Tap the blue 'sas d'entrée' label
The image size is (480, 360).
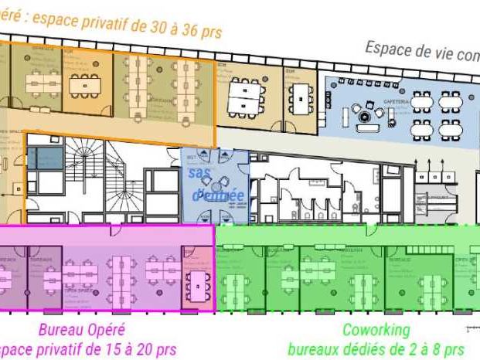click(216, 184)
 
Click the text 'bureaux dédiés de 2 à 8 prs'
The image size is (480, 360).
click(376, 349)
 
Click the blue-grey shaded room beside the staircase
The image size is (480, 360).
click(44, 159)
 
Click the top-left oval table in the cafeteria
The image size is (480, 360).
click(422, 101)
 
